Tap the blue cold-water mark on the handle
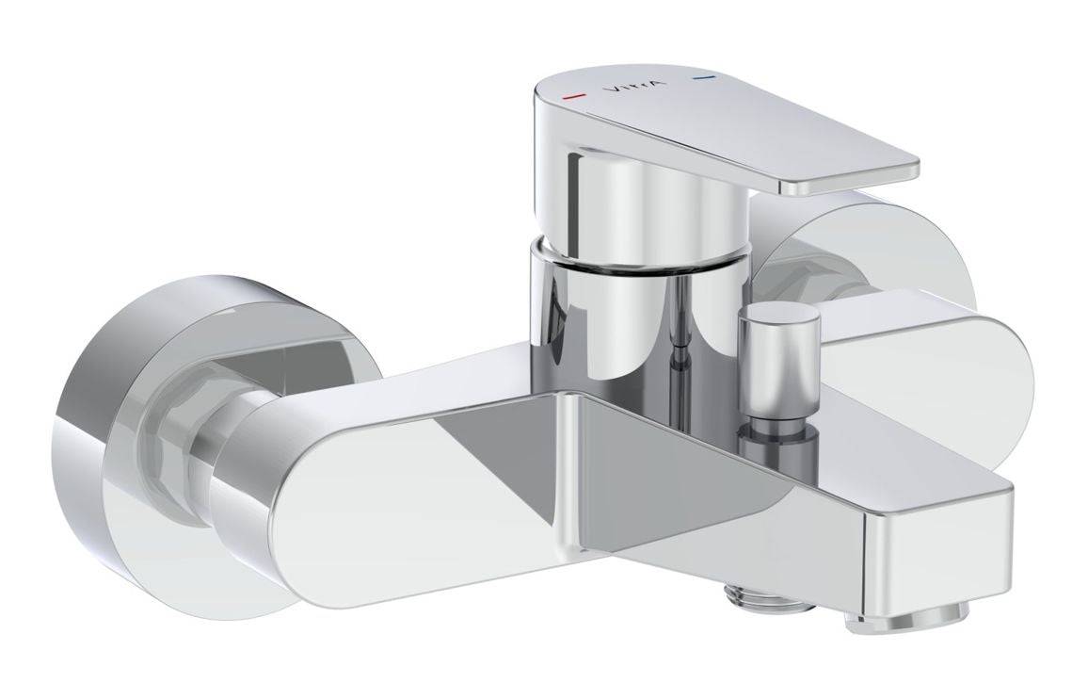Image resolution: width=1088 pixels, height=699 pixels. click(698, 80)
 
